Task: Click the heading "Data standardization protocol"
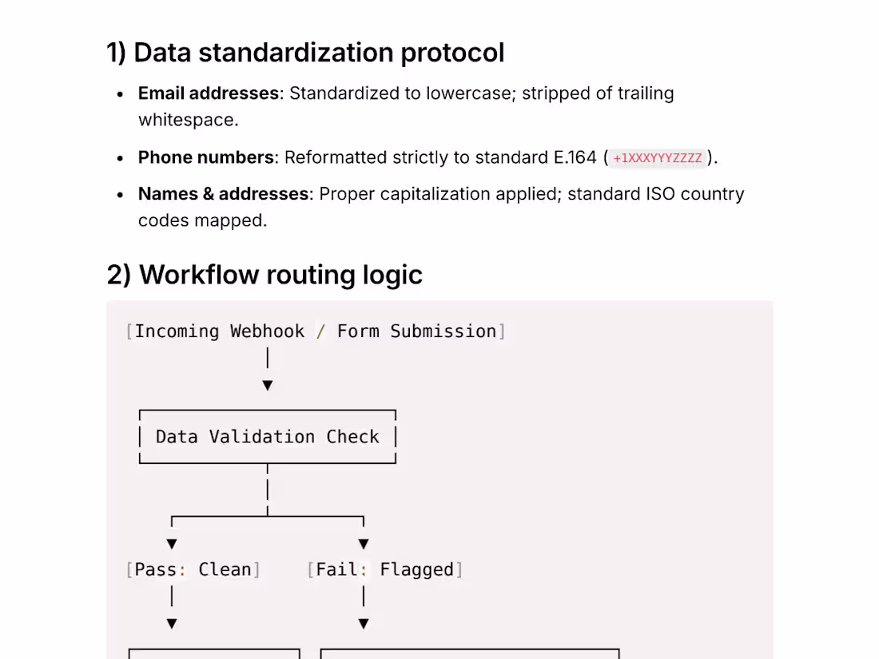click(x=319, y=53)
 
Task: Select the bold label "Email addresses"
click(x=209, y=93)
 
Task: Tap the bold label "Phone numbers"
click(x=205, y=157)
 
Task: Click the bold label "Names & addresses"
click(x=223, y=194)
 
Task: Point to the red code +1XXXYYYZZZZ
click(x=657, y=158)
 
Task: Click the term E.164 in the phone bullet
click(x=575, y=157)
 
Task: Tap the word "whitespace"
click(x=189, y=120)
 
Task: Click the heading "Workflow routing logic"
click(x=280, y=275)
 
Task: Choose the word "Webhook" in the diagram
click(x=268, y=331)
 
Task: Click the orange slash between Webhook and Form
click(x=320, y=331)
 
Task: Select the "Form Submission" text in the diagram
click(x=416, y=331)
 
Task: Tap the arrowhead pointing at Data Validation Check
click(x=268, y=386)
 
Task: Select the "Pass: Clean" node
click(x=193, y=570)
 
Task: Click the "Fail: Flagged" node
click(x=384, y=570)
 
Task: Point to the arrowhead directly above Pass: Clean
click(x=172, y=544)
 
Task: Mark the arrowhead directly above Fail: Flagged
click(x=364, y=544)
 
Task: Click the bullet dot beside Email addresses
click(x=120, y=95)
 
